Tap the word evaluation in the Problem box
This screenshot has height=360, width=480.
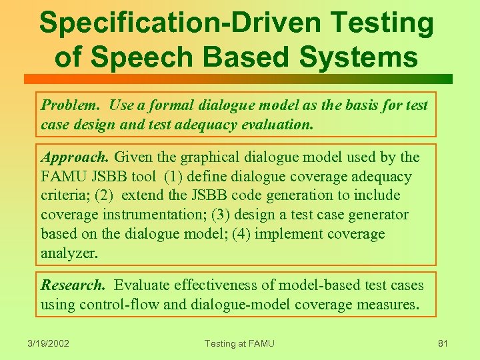click(x=277, y=125)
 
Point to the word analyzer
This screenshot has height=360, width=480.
click(x=69, y=254)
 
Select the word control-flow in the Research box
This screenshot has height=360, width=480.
click(x=119, y=305)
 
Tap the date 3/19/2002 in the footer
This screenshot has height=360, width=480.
click(x=49, y=343)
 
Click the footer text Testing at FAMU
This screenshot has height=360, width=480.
click(x=239, y=343)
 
